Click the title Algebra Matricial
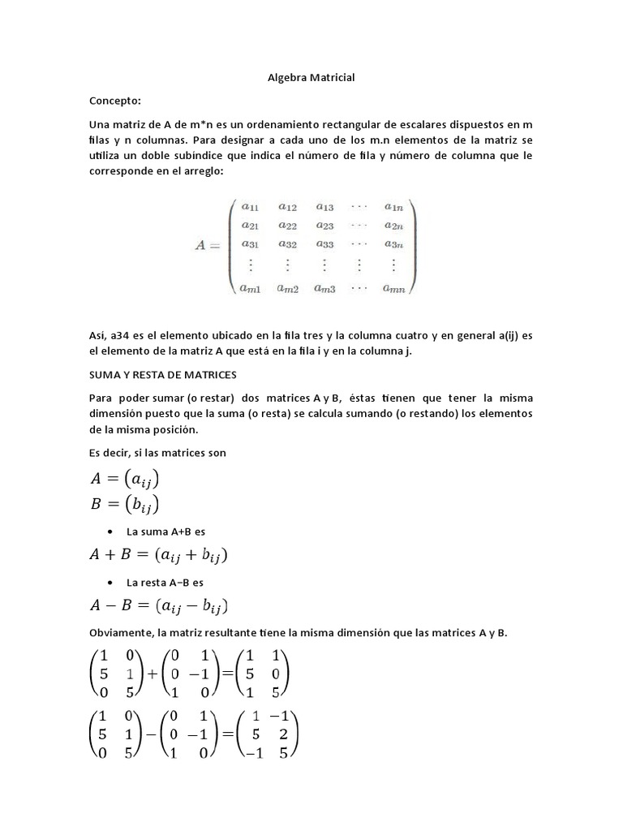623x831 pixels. pos(311,78)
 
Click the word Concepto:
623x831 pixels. pos(114,101)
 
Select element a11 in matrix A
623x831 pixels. pos(249,206)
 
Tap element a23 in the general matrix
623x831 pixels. pos(324,225)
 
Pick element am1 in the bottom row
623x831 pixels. pos(249,286)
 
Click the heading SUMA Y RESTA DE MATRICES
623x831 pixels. pos(161,375)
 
